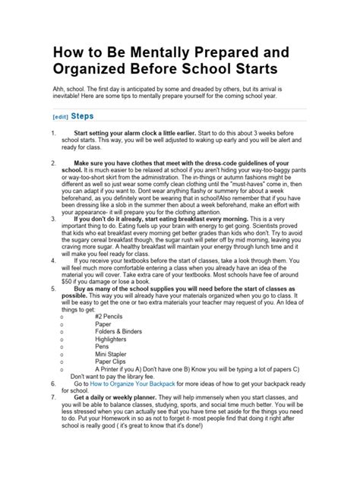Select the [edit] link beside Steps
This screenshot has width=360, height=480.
(x=60, y=118)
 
